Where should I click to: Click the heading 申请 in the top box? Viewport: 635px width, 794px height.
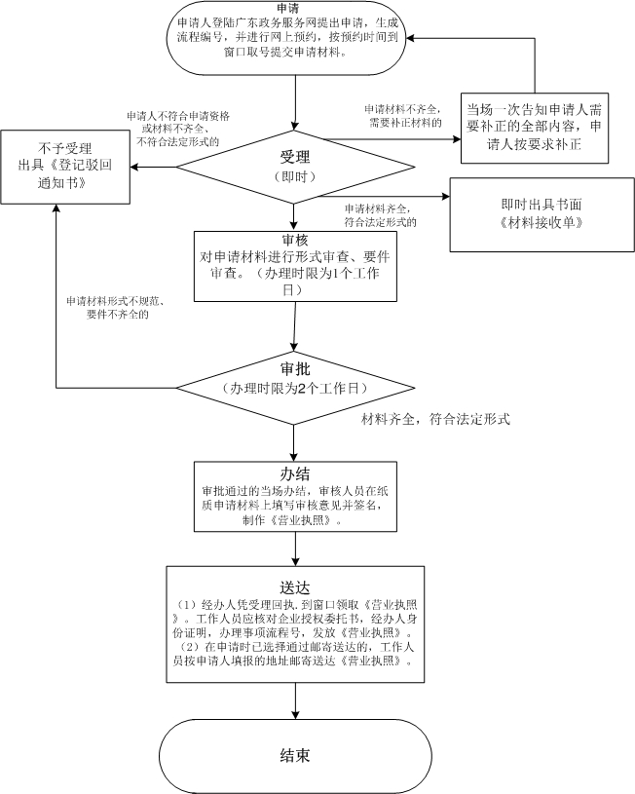287,8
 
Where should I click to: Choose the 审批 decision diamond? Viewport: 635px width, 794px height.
295,378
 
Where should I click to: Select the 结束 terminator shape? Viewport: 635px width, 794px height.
295,754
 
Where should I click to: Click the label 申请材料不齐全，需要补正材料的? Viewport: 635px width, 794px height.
403,116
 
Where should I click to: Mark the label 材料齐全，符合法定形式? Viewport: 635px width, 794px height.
436,419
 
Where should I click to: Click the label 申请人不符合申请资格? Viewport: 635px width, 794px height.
178,115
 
